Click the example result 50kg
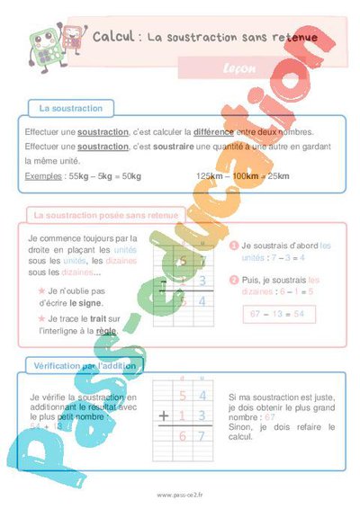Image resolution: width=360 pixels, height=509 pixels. [130, 175]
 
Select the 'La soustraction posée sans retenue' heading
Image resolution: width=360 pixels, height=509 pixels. [105, 216]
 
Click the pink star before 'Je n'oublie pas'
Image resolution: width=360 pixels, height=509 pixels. [41, 291]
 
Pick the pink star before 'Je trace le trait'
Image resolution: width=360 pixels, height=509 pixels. [41, 318]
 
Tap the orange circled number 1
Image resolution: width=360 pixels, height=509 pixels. [233, 246]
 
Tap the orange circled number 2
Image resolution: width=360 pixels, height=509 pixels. [233, 280]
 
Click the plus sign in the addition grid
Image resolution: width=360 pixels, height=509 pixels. [164, 415]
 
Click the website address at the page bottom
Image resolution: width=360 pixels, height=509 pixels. [179, 495]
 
